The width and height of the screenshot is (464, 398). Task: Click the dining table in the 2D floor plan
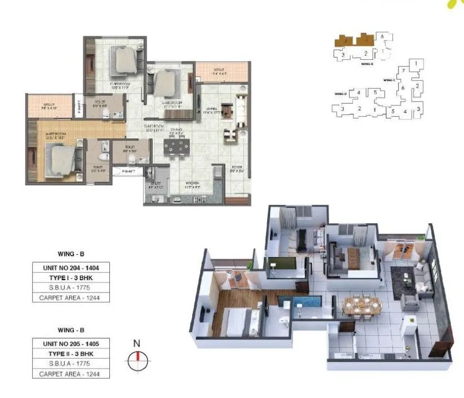tap(177, 147)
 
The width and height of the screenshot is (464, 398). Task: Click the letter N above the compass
tap(136, 343)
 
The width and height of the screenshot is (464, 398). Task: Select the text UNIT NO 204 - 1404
tap(70, 268)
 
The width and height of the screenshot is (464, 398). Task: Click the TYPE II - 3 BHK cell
tap(70, 353)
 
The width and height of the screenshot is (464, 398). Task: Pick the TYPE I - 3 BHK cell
tap(70, 278)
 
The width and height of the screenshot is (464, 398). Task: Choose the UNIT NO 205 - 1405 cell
tap(70, 343)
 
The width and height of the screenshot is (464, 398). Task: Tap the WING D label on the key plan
tap(340, 93)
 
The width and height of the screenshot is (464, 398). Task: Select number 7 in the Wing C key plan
tap(403, 70)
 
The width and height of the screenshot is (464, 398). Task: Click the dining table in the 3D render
tap(362, 305)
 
